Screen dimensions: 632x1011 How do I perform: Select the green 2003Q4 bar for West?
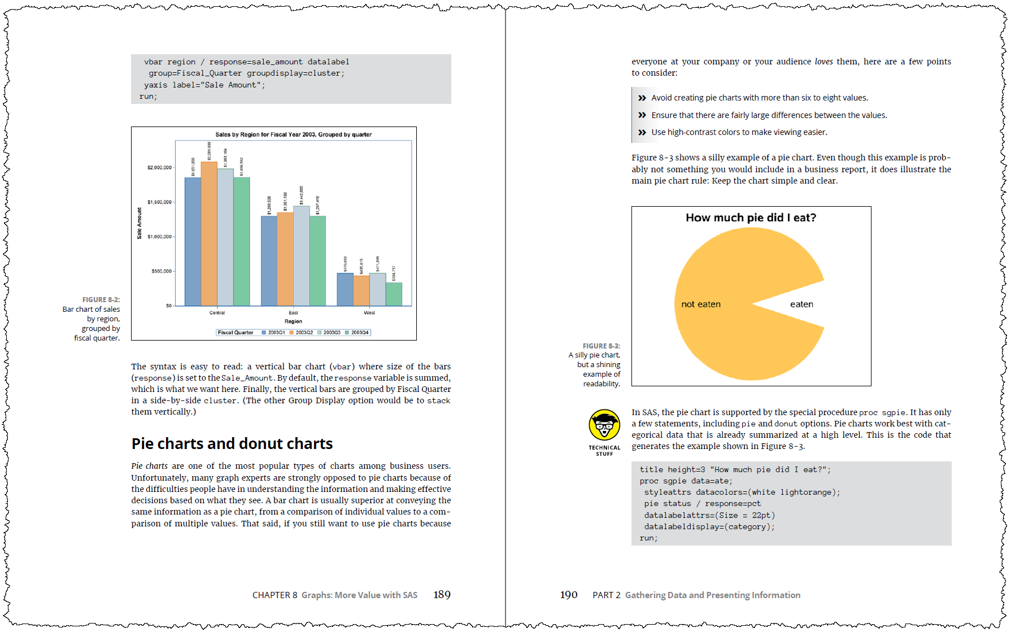tap(394, 294)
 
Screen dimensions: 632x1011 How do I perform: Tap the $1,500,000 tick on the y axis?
tap(159, 202)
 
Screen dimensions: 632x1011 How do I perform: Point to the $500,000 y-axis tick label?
tap(161, 271)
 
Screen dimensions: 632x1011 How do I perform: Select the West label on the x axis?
tap(369, 312)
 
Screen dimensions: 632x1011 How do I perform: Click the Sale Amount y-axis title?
tap(140, 223)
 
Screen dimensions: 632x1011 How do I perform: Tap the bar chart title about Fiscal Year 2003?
tap(293, 134)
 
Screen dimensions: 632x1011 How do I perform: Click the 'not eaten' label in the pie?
tap(701, 304)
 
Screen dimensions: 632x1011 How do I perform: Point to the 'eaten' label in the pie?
tap(801, 304)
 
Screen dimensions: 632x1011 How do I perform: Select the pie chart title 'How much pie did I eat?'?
tap(751, 218)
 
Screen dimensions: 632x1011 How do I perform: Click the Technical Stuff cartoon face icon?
tap(604, 425)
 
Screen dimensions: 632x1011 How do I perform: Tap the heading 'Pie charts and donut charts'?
tap(232, 444)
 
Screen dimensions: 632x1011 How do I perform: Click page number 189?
tap(442, 595)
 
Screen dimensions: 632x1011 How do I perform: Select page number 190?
tap(569, 595)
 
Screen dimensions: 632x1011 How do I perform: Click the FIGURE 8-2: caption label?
tap(101, 300)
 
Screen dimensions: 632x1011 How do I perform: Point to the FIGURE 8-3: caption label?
tap(601, 346)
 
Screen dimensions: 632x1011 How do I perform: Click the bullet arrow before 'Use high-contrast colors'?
tap(642, 133)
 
